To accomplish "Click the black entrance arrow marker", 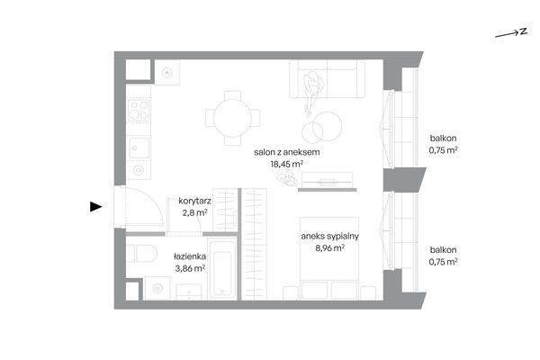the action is [95, 207].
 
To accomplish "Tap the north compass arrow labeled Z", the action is [511, 33].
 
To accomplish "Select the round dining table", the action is [232, 118].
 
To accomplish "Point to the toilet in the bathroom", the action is [142, 254].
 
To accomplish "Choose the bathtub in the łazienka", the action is [222, 270].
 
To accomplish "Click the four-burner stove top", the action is [139, 110].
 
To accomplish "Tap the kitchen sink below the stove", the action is [139, 148].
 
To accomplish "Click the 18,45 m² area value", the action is [286, 164].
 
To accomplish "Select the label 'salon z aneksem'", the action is [286, 152].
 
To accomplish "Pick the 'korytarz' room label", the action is [195, 201].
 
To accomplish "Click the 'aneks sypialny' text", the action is [330, 236].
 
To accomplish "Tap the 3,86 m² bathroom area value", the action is [190, 268].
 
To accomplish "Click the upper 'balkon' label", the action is [443, 138].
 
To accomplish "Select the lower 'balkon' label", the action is [443, 250].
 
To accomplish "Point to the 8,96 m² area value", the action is [330, 247].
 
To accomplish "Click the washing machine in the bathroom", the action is [157, 288].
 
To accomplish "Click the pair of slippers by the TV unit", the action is [286, 178].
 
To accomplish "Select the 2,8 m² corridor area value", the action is [195, 212].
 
